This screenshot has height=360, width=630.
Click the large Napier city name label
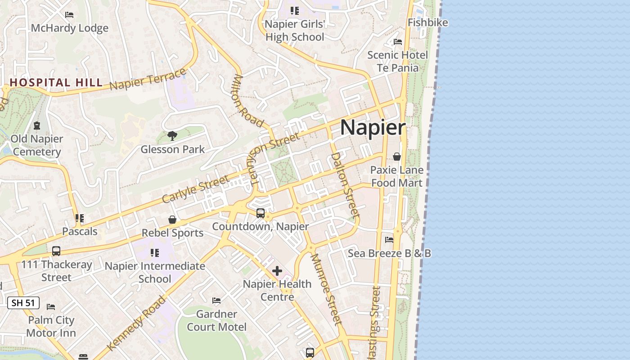tap(373, 127)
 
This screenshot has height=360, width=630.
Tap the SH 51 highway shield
tap(23, 303)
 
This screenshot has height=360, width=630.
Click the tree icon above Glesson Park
tap(172, 135)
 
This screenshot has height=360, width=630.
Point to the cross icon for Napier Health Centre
tap(277, 271)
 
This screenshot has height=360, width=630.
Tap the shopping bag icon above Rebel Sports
tap(172, 220)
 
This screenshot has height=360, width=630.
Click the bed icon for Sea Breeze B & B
tap(389, 240)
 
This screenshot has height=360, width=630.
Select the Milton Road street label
tap(248, 101)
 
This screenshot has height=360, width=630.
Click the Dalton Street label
tap(345, 185)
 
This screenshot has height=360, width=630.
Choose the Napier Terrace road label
tap(148, 79)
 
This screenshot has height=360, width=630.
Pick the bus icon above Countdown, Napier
tap(261, 213)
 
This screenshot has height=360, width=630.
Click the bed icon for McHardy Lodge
tap(69, 15)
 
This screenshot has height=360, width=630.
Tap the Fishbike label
tap(427, 22)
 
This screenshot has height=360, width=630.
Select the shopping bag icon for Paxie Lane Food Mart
tap(397, 157)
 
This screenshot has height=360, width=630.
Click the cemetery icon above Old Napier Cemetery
tap(37, 126)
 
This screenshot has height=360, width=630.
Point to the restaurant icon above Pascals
tap(80, 218)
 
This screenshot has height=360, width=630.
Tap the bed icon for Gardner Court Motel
tap(216, 300)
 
